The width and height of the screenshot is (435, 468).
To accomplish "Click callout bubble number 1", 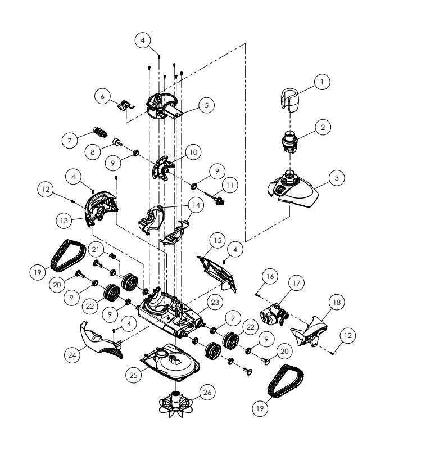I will point(322,82).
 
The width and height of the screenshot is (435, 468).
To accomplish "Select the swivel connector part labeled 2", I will point(291,142).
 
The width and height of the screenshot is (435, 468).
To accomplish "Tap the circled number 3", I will point(336,178).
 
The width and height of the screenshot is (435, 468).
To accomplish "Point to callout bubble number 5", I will point(206,105).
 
